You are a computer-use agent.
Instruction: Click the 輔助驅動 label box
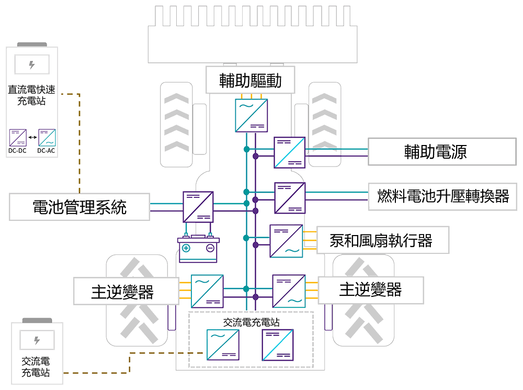[251, 80]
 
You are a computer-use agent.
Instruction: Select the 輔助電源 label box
[435, 152]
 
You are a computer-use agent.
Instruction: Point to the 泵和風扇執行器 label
[381, 240]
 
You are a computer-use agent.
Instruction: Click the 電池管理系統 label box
[79, 207]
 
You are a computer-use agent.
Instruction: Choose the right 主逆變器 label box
[370, 289]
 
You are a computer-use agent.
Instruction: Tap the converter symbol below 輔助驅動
[251, 115]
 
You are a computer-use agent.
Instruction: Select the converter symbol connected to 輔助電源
[290, 152]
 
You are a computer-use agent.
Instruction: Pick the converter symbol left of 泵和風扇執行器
[286, 241]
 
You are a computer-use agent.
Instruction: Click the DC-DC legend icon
[18, 137]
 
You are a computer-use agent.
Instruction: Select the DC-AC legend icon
[47, 137]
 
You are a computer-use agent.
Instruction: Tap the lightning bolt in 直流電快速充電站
[32, 65]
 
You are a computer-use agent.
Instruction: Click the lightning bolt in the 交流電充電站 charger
[37, 340]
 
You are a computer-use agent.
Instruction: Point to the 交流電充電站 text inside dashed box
[251, 322]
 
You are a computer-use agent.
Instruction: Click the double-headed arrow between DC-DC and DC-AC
[32, 137]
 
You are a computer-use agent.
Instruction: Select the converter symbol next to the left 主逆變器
[207, 291]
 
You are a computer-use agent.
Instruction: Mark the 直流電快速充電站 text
[32, 95]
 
